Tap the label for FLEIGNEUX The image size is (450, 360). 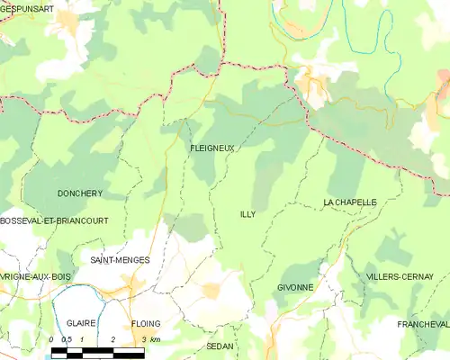click(212, 148)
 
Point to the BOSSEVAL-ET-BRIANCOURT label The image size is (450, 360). click(54, 220)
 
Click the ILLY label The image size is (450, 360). click(247, 214)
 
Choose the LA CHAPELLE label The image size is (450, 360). click(349, 203)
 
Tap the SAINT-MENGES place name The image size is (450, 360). click(120, 259)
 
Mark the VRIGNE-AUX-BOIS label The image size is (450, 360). click(36, 276)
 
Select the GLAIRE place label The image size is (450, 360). click(82, 322)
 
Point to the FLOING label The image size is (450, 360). click(145, 322)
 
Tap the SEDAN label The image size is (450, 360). click(220, 346)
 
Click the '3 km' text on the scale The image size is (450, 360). click(150, 339)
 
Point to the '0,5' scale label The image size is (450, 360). click(67, 339)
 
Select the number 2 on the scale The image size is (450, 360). click(113, 339)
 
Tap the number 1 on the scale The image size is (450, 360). click(83, 339)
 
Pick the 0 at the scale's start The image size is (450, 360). click(52, 339)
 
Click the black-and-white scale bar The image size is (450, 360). click(97, 351)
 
